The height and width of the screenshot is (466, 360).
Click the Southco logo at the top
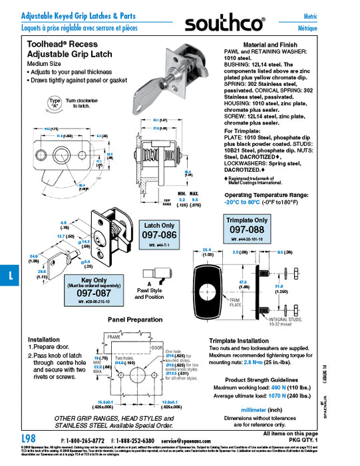(x=225, y=25)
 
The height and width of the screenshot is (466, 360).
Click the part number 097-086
(x=159, y=236)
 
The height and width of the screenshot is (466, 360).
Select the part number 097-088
(x=247, y=229)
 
